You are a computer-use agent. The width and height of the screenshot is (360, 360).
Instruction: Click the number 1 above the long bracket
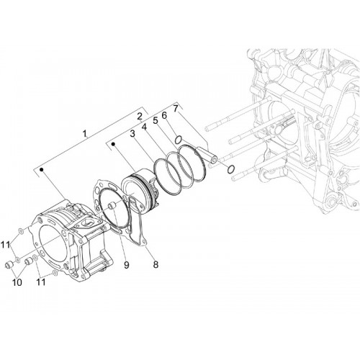(x=84, y=134)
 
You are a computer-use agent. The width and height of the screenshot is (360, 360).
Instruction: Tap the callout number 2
(x=140, y=117)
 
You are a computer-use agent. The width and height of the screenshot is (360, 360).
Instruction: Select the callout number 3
(x=132, y=134)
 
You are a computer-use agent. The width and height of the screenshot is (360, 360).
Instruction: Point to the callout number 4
(x=144, y=127)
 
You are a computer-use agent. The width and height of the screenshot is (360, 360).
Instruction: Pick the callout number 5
(x=156, y=121)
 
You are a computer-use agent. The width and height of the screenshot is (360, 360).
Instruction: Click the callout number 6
(x=164, y=115)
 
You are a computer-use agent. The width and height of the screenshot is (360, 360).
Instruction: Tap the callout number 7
(x=176, y=109)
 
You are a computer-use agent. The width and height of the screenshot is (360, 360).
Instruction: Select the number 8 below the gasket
(x=156, y=265)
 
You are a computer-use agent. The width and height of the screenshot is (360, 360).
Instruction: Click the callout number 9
(x=127, y=265)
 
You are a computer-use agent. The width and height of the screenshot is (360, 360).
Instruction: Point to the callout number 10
(x=17, y=282)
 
